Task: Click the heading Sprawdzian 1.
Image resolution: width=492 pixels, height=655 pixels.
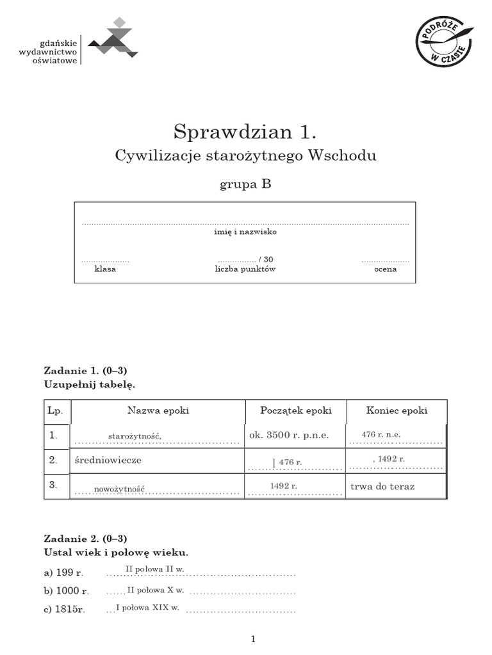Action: [245, 132]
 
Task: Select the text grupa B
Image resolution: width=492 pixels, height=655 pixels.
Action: [245, 184]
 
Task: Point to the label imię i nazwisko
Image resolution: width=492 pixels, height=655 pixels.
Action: [245, 232]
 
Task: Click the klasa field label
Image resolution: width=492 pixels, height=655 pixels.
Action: [105, 269]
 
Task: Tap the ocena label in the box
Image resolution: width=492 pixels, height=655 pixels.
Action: [385, 269]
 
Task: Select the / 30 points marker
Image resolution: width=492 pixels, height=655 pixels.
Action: [266, 259]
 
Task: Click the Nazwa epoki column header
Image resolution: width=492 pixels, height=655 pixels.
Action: [158, 411]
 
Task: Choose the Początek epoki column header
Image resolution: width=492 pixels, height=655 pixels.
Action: [295, 411]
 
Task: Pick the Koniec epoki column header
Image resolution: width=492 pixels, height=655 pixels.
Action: [397, 411]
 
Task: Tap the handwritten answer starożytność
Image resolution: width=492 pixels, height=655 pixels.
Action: [135, 436]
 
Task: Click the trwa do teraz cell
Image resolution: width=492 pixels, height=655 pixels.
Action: [382, 487]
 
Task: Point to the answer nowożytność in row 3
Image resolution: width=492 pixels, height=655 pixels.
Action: [119, 489]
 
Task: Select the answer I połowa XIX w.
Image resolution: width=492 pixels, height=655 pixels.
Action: [147, 607]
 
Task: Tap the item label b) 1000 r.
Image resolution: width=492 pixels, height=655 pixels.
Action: [67, 592]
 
